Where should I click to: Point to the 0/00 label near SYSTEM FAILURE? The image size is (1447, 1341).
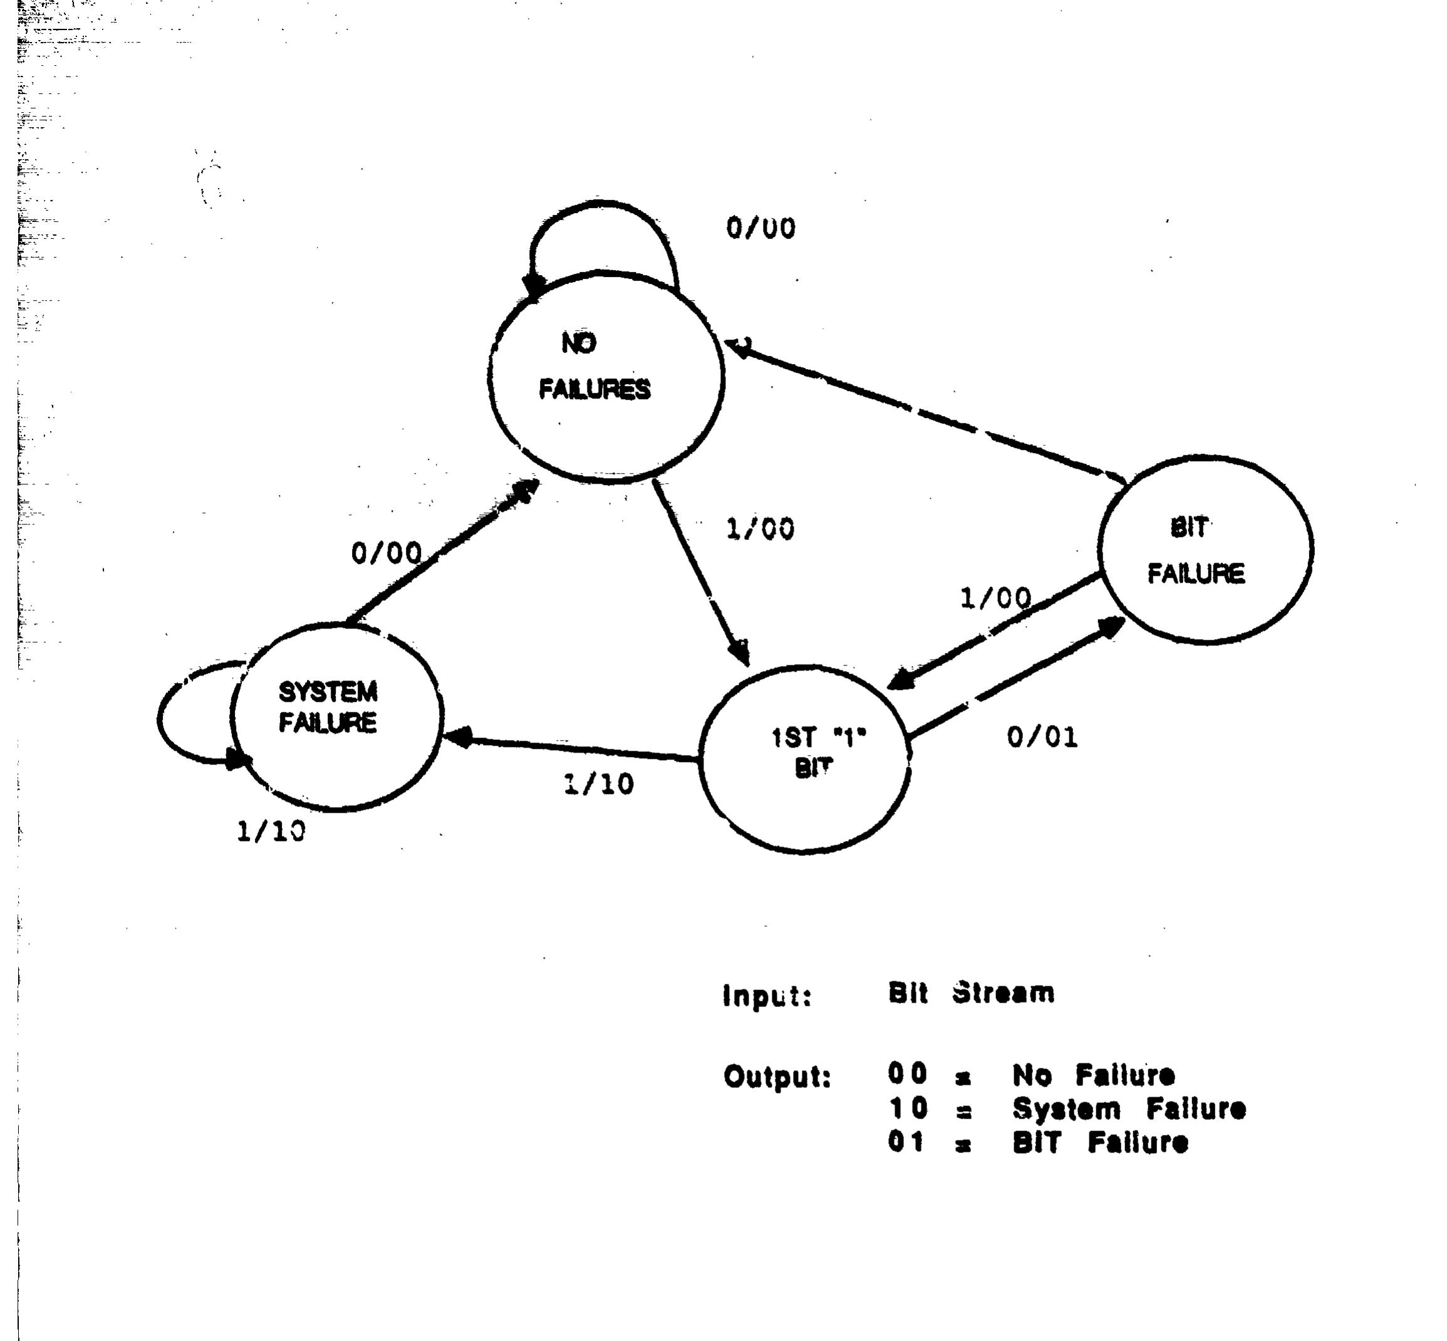coord(386,553)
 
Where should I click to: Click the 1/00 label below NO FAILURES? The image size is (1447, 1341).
coord(759,528)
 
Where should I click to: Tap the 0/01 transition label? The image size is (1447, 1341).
coord(1042,738)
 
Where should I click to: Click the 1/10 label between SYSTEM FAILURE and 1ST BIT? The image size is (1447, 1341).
coord(598,784)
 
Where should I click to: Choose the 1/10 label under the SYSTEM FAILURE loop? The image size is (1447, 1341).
coord(271,831)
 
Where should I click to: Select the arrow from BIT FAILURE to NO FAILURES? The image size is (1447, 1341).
coord(925,412)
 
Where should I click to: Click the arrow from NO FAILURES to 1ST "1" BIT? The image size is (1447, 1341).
coord(701,572)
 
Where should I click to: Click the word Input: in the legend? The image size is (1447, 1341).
coord(767,996)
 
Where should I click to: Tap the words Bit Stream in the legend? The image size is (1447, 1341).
coord(971,993)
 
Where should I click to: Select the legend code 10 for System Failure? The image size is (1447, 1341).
coord(908,1108)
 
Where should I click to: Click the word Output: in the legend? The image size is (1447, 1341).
coord(777,1077)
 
